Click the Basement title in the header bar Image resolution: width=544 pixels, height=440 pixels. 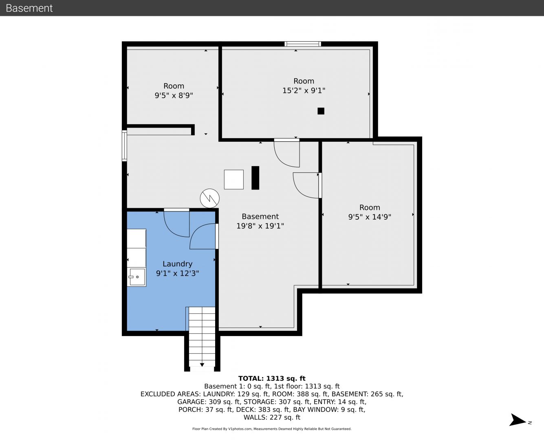[x=29, y=8]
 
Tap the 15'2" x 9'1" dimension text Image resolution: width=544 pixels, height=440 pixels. [x=304, y=91]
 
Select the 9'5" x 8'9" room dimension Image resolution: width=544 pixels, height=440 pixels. [x=174, y=95]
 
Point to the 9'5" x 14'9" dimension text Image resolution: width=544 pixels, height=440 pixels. [x=370, y=217]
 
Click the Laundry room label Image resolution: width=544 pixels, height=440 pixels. [x=177, y=264]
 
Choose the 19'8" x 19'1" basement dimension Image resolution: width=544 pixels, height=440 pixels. [x=260, y=226]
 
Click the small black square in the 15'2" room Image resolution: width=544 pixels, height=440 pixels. [x=321, y=111]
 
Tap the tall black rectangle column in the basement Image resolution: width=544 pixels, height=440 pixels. [x=255, y=178]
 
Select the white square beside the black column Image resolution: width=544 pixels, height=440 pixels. [x=233, y=180]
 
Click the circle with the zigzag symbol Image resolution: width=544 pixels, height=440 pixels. [x=210, y=198]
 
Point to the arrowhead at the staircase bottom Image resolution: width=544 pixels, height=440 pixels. [x=202, y=365]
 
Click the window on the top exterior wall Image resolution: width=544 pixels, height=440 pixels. [x=303, y=44]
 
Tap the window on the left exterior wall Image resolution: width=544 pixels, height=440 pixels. [x=124, y=145]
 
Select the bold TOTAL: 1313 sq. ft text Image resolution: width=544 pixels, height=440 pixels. [x=272, y=378]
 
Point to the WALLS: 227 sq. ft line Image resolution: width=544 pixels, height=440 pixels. [x=272, y=418]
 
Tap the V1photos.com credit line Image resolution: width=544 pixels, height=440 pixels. [x=272, y=429]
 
